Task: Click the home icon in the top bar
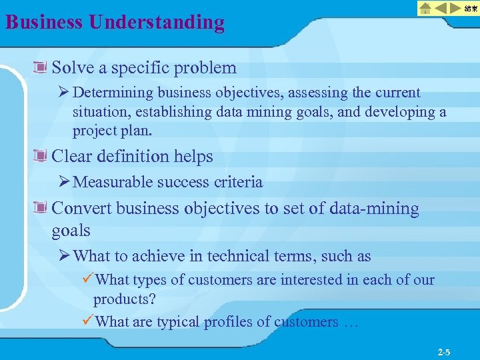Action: [425, 8]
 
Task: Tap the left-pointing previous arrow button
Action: [441, 8]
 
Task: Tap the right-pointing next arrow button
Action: [456, 8]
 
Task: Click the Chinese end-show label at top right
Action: [471, 8]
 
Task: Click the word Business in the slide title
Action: [43, 22]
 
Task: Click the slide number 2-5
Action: [443, 351]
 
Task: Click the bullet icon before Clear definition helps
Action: [42, 157]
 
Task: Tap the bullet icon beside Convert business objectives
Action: [42, 209]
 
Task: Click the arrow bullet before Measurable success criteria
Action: [65, 182]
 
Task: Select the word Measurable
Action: [109, 182]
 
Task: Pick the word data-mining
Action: [380, 209]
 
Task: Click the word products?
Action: [124, 299]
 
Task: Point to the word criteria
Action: [240, 182]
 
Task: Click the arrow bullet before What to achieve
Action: [65, 256]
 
